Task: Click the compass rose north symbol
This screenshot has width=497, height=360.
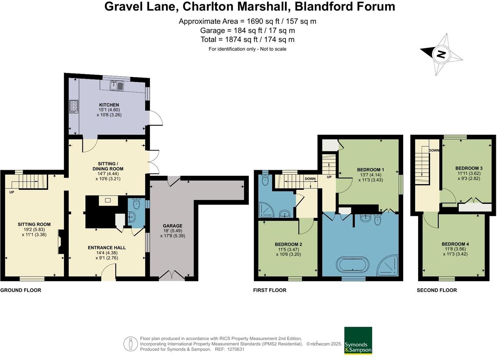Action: pyautogui.click(x=441, y=54)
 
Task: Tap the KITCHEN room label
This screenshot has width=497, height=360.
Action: pyautogui.click(x=109, y=105)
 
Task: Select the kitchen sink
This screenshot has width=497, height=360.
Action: pyautogui.click(x=117, y=85)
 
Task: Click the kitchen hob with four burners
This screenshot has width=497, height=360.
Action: pyautogui.click(x=74, y=106)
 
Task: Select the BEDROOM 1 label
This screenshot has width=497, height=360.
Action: pyautogui.click(x=370, y=170)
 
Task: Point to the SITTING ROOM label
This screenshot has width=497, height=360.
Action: pyautogui.click(x=34, y=224)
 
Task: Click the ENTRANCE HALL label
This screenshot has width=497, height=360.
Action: pyautogui.click(x=107, y=247)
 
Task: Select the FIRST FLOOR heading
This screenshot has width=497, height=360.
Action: pyautogui.click(x=269, y=290)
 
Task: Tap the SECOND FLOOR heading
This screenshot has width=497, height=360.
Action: pyautogui.click(x=437, y=290)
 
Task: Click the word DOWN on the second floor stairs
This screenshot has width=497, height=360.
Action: pyautogui.click(x=434, y=150)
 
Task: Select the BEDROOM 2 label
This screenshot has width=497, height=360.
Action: pyautogui.click(x=288, y=244)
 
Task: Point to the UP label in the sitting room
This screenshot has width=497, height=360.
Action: pyautogui.click(x=12, y=192)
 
